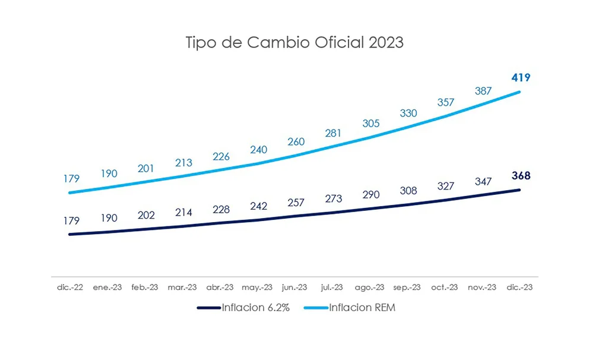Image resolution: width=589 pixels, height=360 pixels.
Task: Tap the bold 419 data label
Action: pyautogui.click(x=520, y=78)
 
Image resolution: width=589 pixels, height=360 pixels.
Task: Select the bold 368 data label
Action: pyautogui.click(x=520, y=176)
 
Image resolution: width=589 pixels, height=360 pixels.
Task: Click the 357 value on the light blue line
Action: pyautogui.click(x=445, y=102)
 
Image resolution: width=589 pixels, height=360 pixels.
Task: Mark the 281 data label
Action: pyautogui.click(x=333, y=134)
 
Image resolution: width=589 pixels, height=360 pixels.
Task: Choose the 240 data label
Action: pyautogui.click(x=258, y=150)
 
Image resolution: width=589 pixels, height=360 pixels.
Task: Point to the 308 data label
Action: pyautogui.click(x=408, y=191)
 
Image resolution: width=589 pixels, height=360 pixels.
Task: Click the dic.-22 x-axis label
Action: pyautogui.click(x=70, y=287)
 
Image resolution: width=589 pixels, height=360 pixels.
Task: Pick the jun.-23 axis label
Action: pyautogui.click(x=295, y=287)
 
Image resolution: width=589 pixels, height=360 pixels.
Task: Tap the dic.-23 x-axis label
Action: pyautogui.click(x=520, y=287)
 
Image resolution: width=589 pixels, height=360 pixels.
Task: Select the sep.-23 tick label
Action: pyautogui.click(x=408, y=287)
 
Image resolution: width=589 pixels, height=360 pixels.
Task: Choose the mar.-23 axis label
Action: pyautogui.click(x=183, y=287)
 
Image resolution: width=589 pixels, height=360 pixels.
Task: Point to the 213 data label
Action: pyautogui.click(x=183, y=163)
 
